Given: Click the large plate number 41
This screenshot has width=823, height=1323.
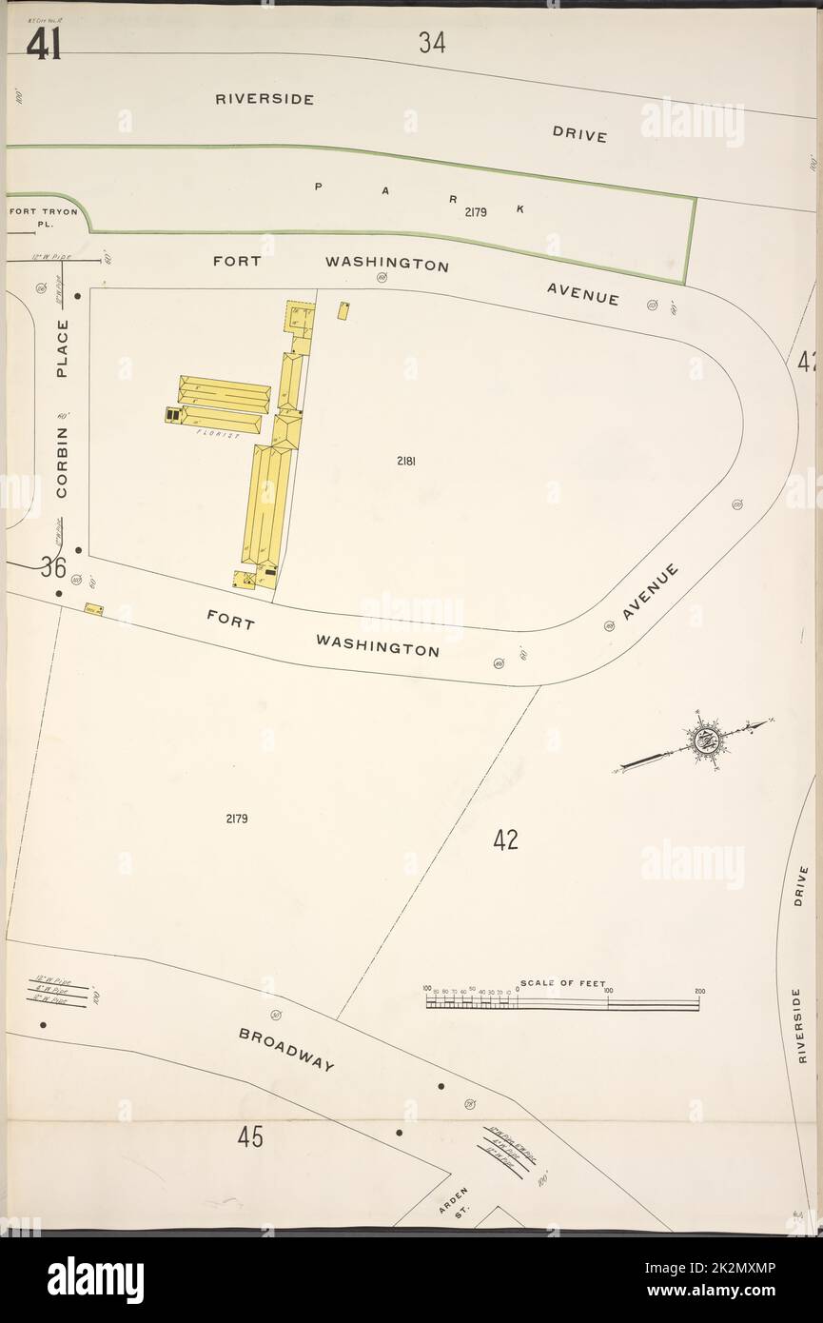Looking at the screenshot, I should point(44,44).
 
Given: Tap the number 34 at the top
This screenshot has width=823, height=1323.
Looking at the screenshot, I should point(431,42).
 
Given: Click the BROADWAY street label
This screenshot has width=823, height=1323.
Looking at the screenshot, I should point(286,1049).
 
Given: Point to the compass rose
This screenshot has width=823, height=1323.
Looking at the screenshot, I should point(706,739).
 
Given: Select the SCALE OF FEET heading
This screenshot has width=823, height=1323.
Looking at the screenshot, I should point(562,983).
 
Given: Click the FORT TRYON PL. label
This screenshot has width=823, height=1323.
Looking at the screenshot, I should point(43,218).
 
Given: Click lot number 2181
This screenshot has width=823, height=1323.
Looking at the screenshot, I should point(406,462).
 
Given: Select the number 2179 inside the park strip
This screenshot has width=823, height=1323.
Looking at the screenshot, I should point(476,212).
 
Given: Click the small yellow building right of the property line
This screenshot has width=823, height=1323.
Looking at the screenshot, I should point(343,310).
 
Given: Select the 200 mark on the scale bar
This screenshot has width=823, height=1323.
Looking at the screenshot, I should point(699,992).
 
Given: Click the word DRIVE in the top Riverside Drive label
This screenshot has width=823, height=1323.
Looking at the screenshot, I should point(579,135).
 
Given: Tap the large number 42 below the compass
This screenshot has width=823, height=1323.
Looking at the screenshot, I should point(505,839).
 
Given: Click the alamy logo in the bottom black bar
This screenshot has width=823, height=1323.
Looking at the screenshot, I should point(95,1280).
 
